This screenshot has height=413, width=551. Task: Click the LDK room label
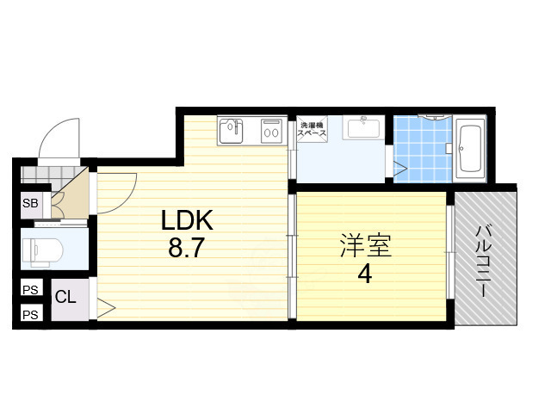tap(188, 221)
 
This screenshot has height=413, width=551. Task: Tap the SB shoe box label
tap(30, 204)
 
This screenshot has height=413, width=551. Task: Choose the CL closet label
tap(65, 298)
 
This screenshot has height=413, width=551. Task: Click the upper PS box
tap(29, 290)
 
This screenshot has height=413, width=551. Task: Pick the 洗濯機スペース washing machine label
tap(311, 130)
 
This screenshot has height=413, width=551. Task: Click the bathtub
tap(471, 150)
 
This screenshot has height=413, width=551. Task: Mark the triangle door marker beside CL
tap(106, 305)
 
